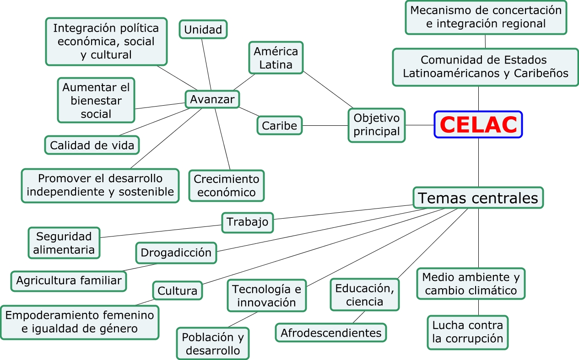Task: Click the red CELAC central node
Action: pos(478,124)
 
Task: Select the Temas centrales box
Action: pos(478,198)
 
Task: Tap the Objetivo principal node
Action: pos(377,125)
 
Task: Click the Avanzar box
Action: pos(212,99)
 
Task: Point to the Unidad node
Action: pos(203,30)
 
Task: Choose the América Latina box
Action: pos(276,58)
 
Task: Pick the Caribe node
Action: pos(279,125)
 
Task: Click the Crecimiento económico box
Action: pos(227,185)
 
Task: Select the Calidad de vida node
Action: pos(92,145)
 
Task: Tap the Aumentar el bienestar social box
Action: pos(96,100)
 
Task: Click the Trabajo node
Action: pos(248,223)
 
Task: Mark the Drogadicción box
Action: pos(176,253)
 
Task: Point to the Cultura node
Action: pos(178,290)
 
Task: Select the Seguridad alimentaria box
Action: pos(64,243)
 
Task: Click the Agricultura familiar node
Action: pos(69,280)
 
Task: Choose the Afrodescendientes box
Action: pos(331,333)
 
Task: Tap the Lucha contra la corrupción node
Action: pos(468,332)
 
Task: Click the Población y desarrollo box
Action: pos(213,344)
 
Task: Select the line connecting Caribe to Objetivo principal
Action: pos(325,125)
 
